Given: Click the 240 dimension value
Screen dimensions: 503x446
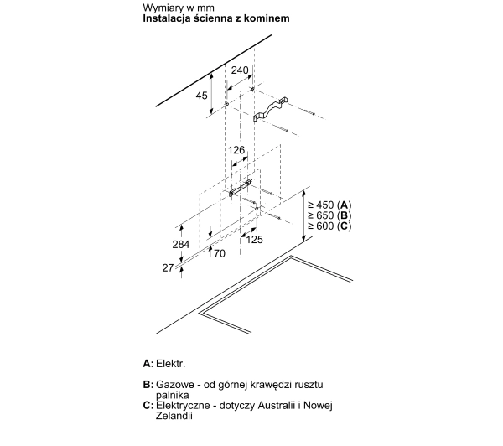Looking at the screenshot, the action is [240, 70].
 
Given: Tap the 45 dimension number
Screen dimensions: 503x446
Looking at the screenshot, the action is [201, 96].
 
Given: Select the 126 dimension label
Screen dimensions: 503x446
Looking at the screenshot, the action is [236, 150].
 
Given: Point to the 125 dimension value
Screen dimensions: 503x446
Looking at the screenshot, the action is [254, 240].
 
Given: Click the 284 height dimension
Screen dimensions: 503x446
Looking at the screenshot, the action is [181, 245].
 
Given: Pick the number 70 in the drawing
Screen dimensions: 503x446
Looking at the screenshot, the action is [220, 253].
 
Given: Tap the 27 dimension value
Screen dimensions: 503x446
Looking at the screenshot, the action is [168, 267].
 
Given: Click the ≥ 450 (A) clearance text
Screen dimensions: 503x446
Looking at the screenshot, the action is [329, 205].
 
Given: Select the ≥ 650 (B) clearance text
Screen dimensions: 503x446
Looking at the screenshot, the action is [329, 215].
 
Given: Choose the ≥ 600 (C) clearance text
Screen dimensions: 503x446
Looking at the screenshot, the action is [329, 226].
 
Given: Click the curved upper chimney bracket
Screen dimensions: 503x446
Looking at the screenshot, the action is [270, 109].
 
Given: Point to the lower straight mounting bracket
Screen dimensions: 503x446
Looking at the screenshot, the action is [241, 188].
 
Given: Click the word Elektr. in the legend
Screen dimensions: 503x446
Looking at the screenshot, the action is [171, 364].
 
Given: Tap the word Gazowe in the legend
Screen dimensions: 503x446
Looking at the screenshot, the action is [175, 385].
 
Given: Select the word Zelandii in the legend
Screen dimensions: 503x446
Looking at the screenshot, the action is [174, 416].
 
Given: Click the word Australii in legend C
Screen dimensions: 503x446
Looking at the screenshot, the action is [277, 405].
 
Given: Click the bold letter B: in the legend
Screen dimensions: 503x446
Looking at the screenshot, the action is [148, 385].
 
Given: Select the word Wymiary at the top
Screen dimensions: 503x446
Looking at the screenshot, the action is [161, 8].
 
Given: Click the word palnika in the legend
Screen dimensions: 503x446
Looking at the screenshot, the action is [172, 395].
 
